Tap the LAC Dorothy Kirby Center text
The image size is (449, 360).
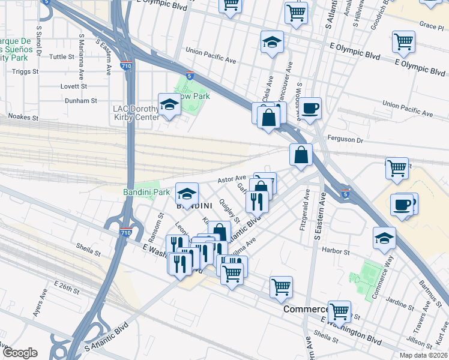(x=136, y=113)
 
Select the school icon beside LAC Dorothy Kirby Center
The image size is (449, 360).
(x=169, y=105)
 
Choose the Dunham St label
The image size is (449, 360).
(x=80, y=101)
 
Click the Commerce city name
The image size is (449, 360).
(x=305, y=309)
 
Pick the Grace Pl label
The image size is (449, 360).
(x=432, y=26)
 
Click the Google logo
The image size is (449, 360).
(x=19, y=353)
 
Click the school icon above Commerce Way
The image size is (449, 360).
(x=384, y=238)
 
